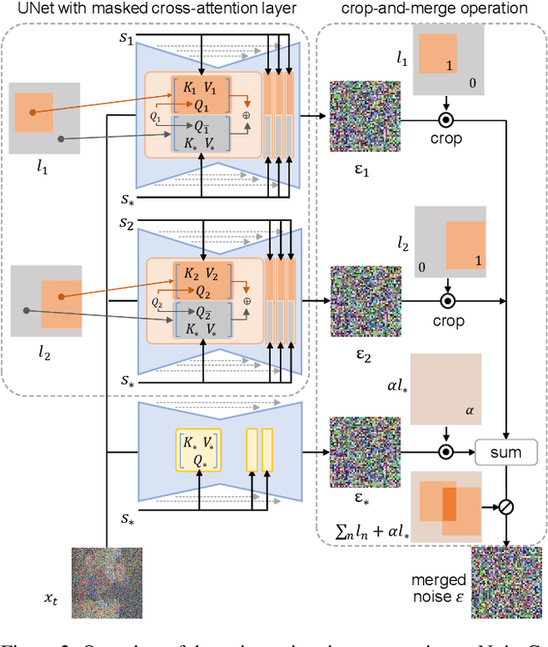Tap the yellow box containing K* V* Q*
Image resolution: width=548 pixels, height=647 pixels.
pyautogui.click(x=198, y=449)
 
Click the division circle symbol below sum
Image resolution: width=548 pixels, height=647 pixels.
pyautogui.click(x=506, y=506)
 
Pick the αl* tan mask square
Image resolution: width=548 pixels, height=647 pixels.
pyautogui.click(x=447, y=389)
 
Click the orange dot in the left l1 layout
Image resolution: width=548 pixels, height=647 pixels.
pyautogui.click(x=33, y=111)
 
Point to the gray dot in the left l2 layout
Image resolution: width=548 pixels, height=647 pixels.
pyautogui.click(x=27, y=311)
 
